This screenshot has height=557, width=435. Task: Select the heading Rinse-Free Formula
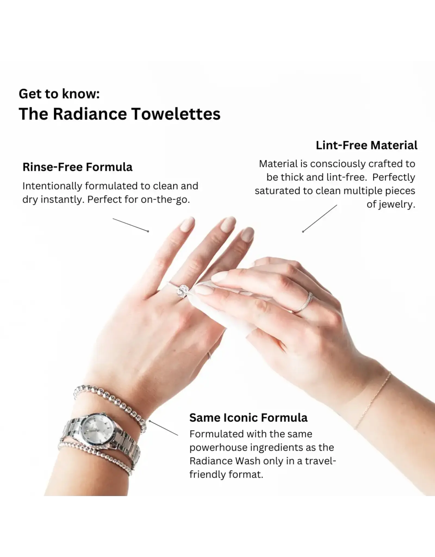coord(77,167)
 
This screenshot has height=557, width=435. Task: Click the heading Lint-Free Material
coord(366,145)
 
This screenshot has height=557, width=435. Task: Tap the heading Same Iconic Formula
coord(248,417)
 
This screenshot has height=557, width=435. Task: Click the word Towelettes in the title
coord(176,114)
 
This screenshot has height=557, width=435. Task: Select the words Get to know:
coord(59,94)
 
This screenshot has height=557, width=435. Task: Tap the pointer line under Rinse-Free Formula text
coord(130,225)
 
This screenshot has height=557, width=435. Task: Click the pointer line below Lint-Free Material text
coord(320,218)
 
